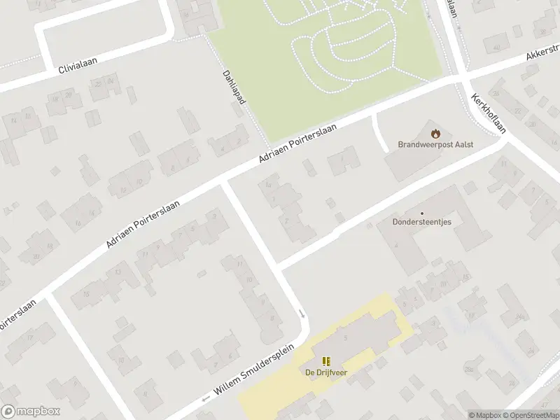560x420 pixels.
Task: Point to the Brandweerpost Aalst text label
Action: (x=435, y=144)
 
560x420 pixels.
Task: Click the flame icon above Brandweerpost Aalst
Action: (x=435, y=132)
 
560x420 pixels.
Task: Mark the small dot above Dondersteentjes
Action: (x=421, y=213)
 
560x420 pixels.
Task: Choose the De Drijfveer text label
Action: (x=326, y=372)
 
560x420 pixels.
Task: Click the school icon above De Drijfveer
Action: (x=326, y=361)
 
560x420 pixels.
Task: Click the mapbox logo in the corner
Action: (x=30, y=412)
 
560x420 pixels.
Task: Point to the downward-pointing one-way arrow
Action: (x=303, y=314)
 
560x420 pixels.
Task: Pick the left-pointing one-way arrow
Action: (x=206, y=398)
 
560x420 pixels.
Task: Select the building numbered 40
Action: (x=497, y=47)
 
